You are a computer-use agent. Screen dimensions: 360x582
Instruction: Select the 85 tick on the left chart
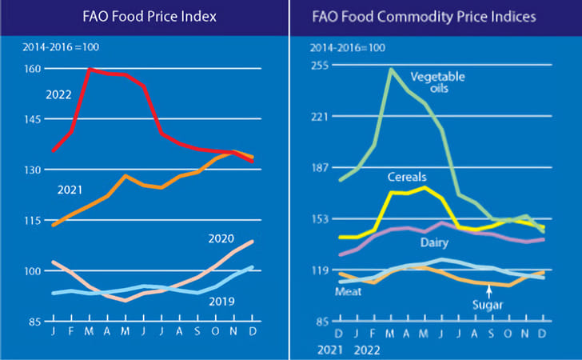pyautogui.click(x=33, y=322)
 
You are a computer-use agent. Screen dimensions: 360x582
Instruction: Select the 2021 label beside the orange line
pyautogui.click(x=70, y=190)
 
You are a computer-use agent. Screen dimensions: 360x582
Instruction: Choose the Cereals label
pyautogui.click(x=407, y=176)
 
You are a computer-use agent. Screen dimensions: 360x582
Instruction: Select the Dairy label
pyautogui.click(x=434, y=242)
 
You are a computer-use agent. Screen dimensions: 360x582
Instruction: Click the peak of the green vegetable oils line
pyautogui.click(x=391, y=70)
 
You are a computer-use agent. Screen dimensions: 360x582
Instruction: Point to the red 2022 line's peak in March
pyautogui.click(x=90, y=70)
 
